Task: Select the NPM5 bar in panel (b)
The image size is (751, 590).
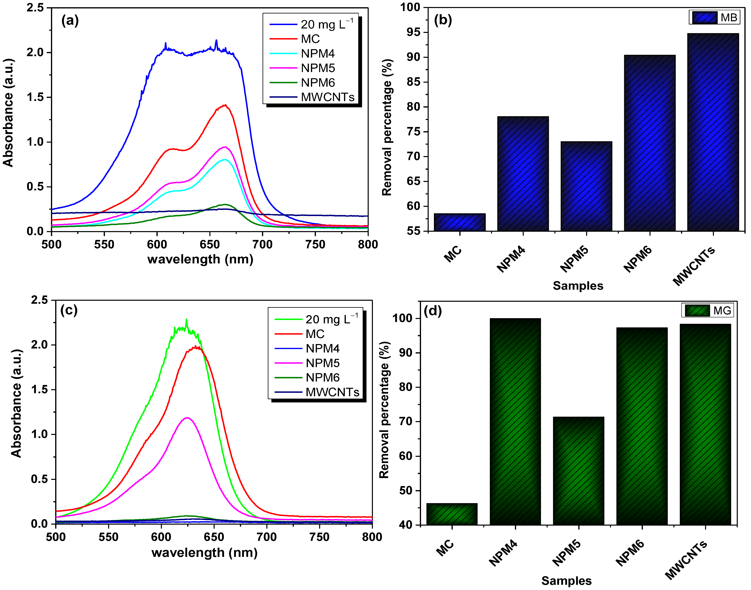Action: (x=586, y=187)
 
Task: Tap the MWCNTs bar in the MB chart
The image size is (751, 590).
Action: (x=713, y=132)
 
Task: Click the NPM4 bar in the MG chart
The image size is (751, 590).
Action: (x=515, y=421)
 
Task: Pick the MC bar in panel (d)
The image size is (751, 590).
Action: (x=452, y=514)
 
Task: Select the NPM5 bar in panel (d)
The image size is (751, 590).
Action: (x=579, y=471)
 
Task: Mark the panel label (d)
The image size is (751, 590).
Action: (x=432, y=311)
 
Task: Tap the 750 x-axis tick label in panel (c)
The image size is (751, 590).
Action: (x=320, y=537)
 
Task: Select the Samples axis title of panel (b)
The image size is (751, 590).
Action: (x=578, y=286)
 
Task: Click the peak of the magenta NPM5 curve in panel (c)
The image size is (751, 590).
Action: (x=187, y=418)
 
